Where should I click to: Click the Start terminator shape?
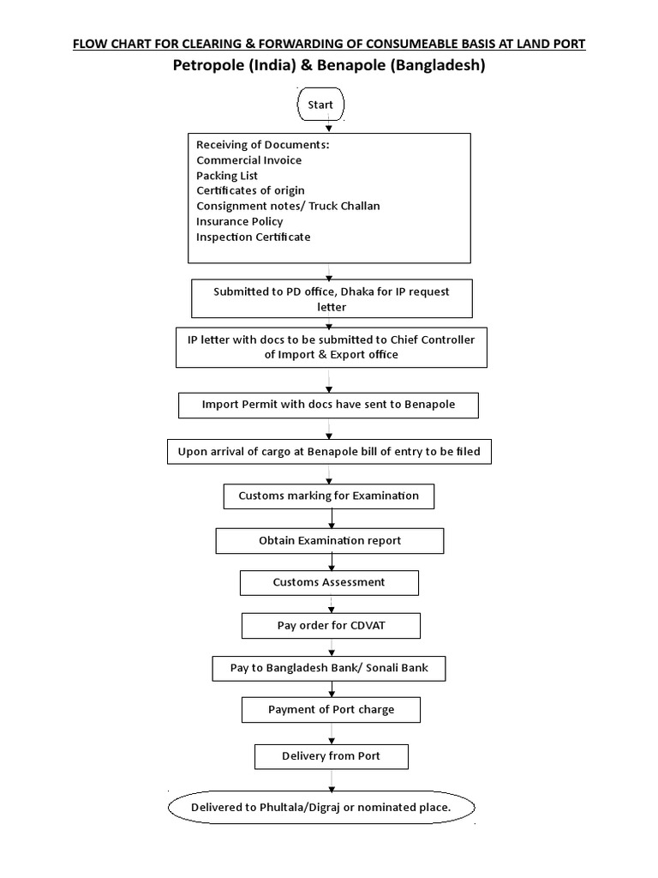[x=320, y=105]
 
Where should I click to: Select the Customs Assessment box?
[x=329, y=582]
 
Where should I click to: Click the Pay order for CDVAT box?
[x=331, y=626]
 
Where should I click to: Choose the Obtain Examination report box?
[x=330, y=541]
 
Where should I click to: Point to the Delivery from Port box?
[x=331, y=756]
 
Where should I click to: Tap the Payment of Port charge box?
[x=331, y=710]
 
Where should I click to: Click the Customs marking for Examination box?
[x=328, y=496]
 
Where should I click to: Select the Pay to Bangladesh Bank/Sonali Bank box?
[x=330, y=668]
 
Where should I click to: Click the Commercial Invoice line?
[x=248, y=160]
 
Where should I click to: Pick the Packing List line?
[x=227, y=176]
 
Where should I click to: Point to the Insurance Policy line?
[x=239, y=221]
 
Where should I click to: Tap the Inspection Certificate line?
[x=253, y=237]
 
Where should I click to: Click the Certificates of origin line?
[x=250, y=190]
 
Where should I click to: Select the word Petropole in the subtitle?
[x=208, y=65]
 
